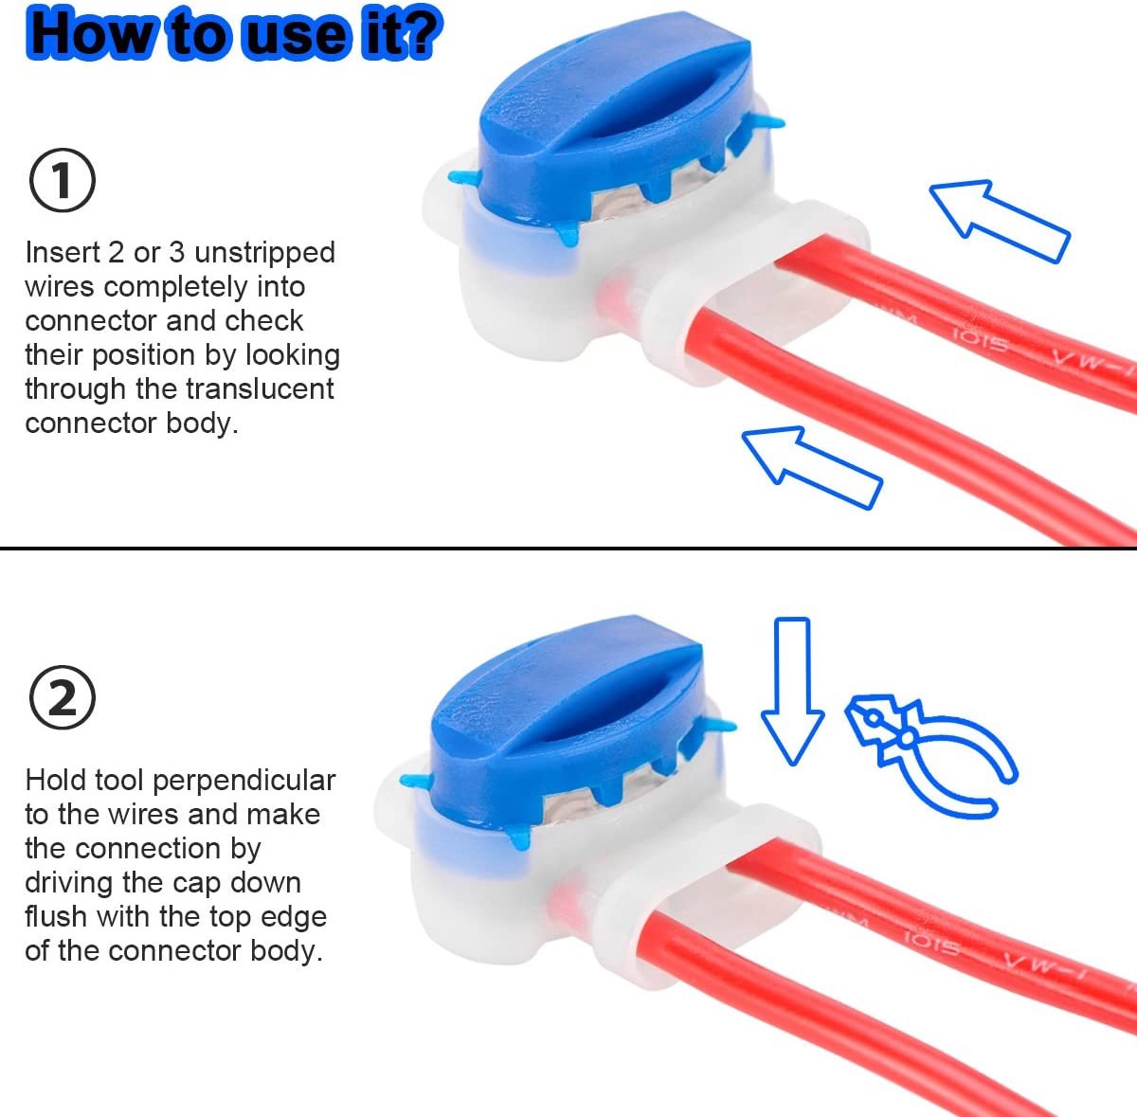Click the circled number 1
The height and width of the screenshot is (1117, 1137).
pyautogui.click(x=62, y=180)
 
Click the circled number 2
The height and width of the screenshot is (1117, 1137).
pyautogui.click(x=62, y=697)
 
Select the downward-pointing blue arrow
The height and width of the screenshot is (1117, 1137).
pyautogui.click(x=792, y=691)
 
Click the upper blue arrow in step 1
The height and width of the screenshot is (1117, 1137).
pyautogui.click(x=1000, y=221)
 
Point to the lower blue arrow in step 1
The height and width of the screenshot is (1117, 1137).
pyautogui.click(x=812, y=467)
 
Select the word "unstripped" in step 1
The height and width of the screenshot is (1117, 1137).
pyautogui.click(x=265, y=253)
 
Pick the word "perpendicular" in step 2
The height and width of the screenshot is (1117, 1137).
pyautogui.click(x=244, y=782)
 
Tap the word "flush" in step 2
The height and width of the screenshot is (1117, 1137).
pyautogui.click(x=57, y=916)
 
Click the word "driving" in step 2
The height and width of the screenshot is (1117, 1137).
pyautogui.click(x=69, y=884)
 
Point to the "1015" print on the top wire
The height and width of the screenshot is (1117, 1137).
pyautogui.click(x=981, y=340)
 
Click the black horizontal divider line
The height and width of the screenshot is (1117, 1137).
pyautogui.click(x=568, y=549)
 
